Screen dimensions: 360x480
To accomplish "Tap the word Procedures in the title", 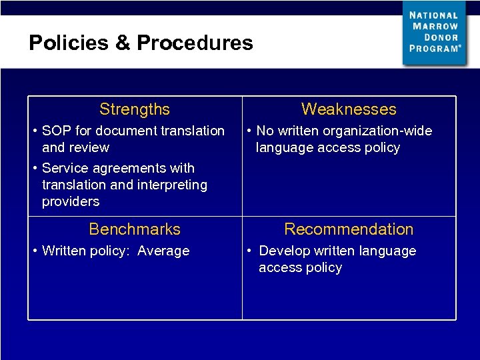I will click(195, 43).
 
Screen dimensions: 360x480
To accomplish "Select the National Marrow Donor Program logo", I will click(435, 33).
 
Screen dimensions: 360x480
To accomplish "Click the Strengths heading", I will click(135, 109).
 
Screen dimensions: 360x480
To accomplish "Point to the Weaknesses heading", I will click(349, 109).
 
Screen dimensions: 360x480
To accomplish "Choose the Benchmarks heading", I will click(135, 229).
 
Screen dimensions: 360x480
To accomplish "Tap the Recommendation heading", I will click(349, 229).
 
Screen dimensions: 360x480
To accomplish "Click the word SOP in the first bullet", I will click(56, 131).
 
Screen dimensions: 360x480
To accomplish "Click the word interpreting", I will click(173, 185).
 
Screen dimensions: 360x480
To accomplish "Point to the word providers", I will click(71, 201).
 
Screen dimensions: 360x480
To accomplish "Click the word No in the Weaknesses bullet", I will click(265, 131).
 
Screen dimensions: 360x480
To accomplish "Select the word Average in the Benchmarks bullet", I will click(163, 251).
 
